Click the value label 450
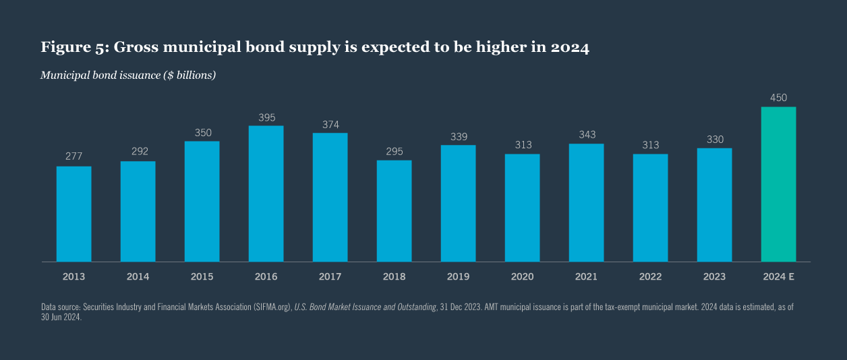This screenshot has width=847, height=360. coord(778,98)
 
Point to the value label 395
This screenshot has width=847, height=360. coord(266,117)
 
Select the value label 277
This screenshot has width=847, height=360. coord(74,156)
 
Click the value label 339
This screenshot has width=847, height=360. coord(458,137)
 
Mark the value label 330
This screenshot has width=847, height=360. coord(714,140)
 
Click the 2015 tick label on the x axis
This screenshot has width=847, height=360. coord(202,276)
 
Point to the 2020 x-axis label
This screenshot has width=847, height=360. coord(522,276)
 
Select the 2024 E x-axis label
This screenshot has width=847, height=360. coord(778,276)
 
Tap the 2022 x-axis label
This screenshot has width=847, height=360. coord(650,276)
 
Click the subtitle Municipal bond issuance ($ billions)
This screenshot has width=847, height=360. coord(127,75)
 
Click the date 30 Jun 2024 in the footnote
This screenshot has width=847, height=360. coord(61,318)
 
